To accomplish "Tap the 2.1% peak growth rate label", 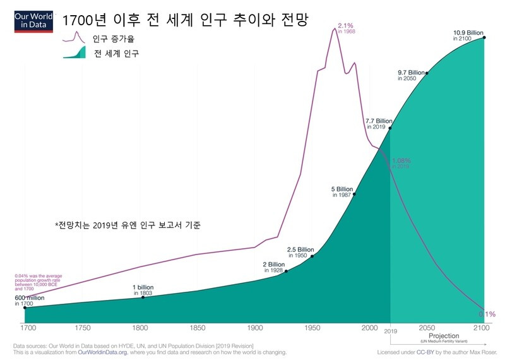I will click(346, 27).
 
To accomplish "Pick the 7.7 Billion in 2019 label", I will click(379, 123).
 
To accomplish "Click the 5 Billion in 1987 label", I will click(342, 192).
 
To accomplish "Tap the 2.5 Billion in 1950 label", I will click(300, 252).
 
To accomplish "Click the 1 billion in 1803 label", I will click(143, 290).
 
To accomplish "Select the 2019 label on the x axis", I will click(391, 330).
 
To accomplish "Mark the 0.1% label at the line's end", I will click(487, 314).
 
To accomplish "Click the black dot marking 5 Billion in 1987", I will click(354, 195).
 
